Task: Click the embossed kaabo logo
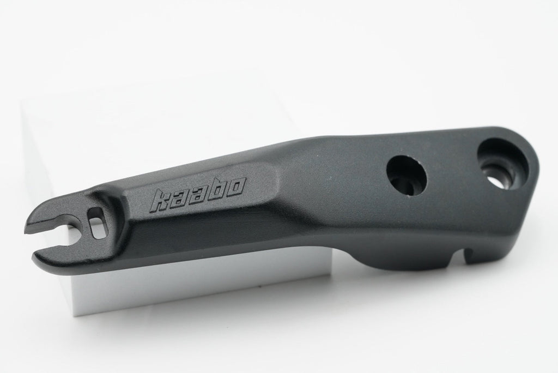197,195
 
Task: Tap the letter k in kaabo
160,201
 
